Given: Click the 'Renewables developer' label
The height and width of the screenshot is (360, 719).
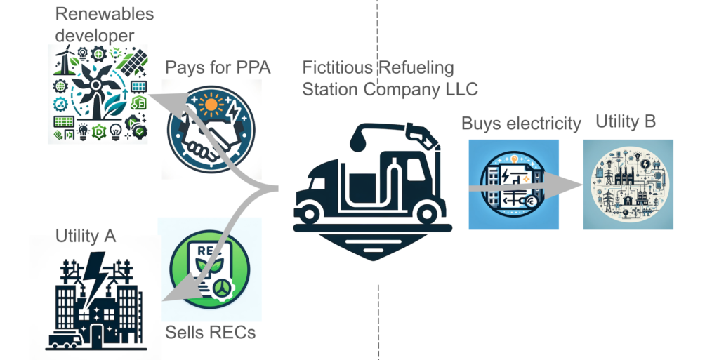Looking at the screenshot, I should coord(104,24).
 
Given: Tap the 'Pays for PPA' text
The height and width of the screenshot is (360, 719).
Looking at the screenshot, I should coord(218,67).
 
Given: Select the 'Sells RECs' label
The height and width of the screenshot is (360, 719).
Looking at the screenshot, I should coord(210,331).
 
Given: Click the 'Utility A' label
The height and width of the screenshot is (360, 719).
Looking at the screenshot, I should coord(86,236).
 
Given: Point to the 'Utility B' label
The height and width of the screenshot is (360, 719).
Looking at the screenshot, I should coord(626,121).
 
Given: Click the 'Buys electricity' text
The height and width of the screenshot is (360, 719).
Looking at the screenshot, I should coord(521,124).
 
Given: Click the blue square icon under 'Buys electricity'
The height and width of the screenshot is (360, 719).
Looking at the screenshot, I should coord(513,185).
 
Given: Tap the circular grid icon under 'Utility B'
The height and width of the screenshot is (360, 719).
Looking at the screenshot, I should coord(628,185).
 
